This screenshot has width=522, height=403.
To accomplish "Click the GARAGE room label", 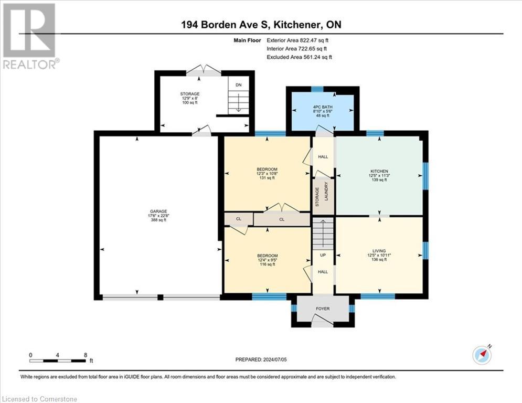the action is point(158,211).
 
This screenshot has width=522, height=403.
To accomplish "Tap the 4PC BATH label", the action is point(323,107).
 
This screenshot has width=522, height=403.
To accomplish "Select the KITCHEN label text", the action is point(379,171).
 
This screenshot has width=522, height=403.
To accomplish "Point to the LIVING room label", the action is point(379,251).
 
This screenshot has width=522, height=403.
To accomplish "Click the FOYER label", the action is point(323,309).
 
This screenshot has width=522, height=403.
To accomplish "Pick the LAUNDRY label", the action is point(326,191).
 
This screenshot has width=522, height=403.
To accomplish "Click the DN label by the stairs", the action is point(238,85).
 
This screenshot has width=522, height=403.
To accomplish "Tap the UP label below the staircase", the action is point(323,255).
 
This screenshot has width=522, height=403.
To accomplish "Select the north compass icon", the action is point(482,355).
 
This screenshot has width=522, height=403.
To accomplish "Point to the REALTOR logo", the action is point(30,36).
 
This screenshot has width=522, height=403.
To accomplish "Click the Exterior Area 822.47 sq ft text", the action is point(297,40).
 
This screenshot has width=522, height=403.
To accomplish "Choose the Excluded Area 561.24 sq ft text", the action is point(299,57).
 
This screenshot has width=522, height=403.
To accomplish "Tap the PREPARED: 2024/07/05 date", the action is point(261,359).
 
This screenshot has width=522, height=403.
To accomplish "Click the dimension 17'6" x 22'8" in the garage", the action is point(158,216).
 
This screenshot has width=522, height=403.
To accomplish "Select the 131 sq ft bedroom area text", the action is point(267,178).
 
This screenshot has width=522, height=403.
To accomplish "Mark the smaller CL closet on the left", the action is point(238,219).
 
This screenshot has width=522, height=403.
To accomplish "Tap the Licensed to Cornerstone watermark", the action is point(39,399).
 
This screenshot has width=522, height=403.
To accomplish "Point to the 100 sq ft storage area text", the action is point(190,102).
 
